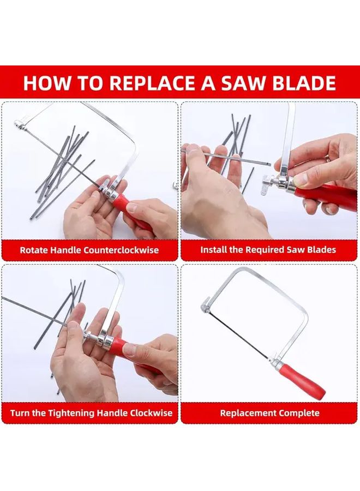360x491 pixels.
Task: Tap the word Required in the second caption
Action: coord(267,250)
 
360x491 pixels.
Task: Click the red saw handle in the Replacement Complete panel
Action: coord(303,380)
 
